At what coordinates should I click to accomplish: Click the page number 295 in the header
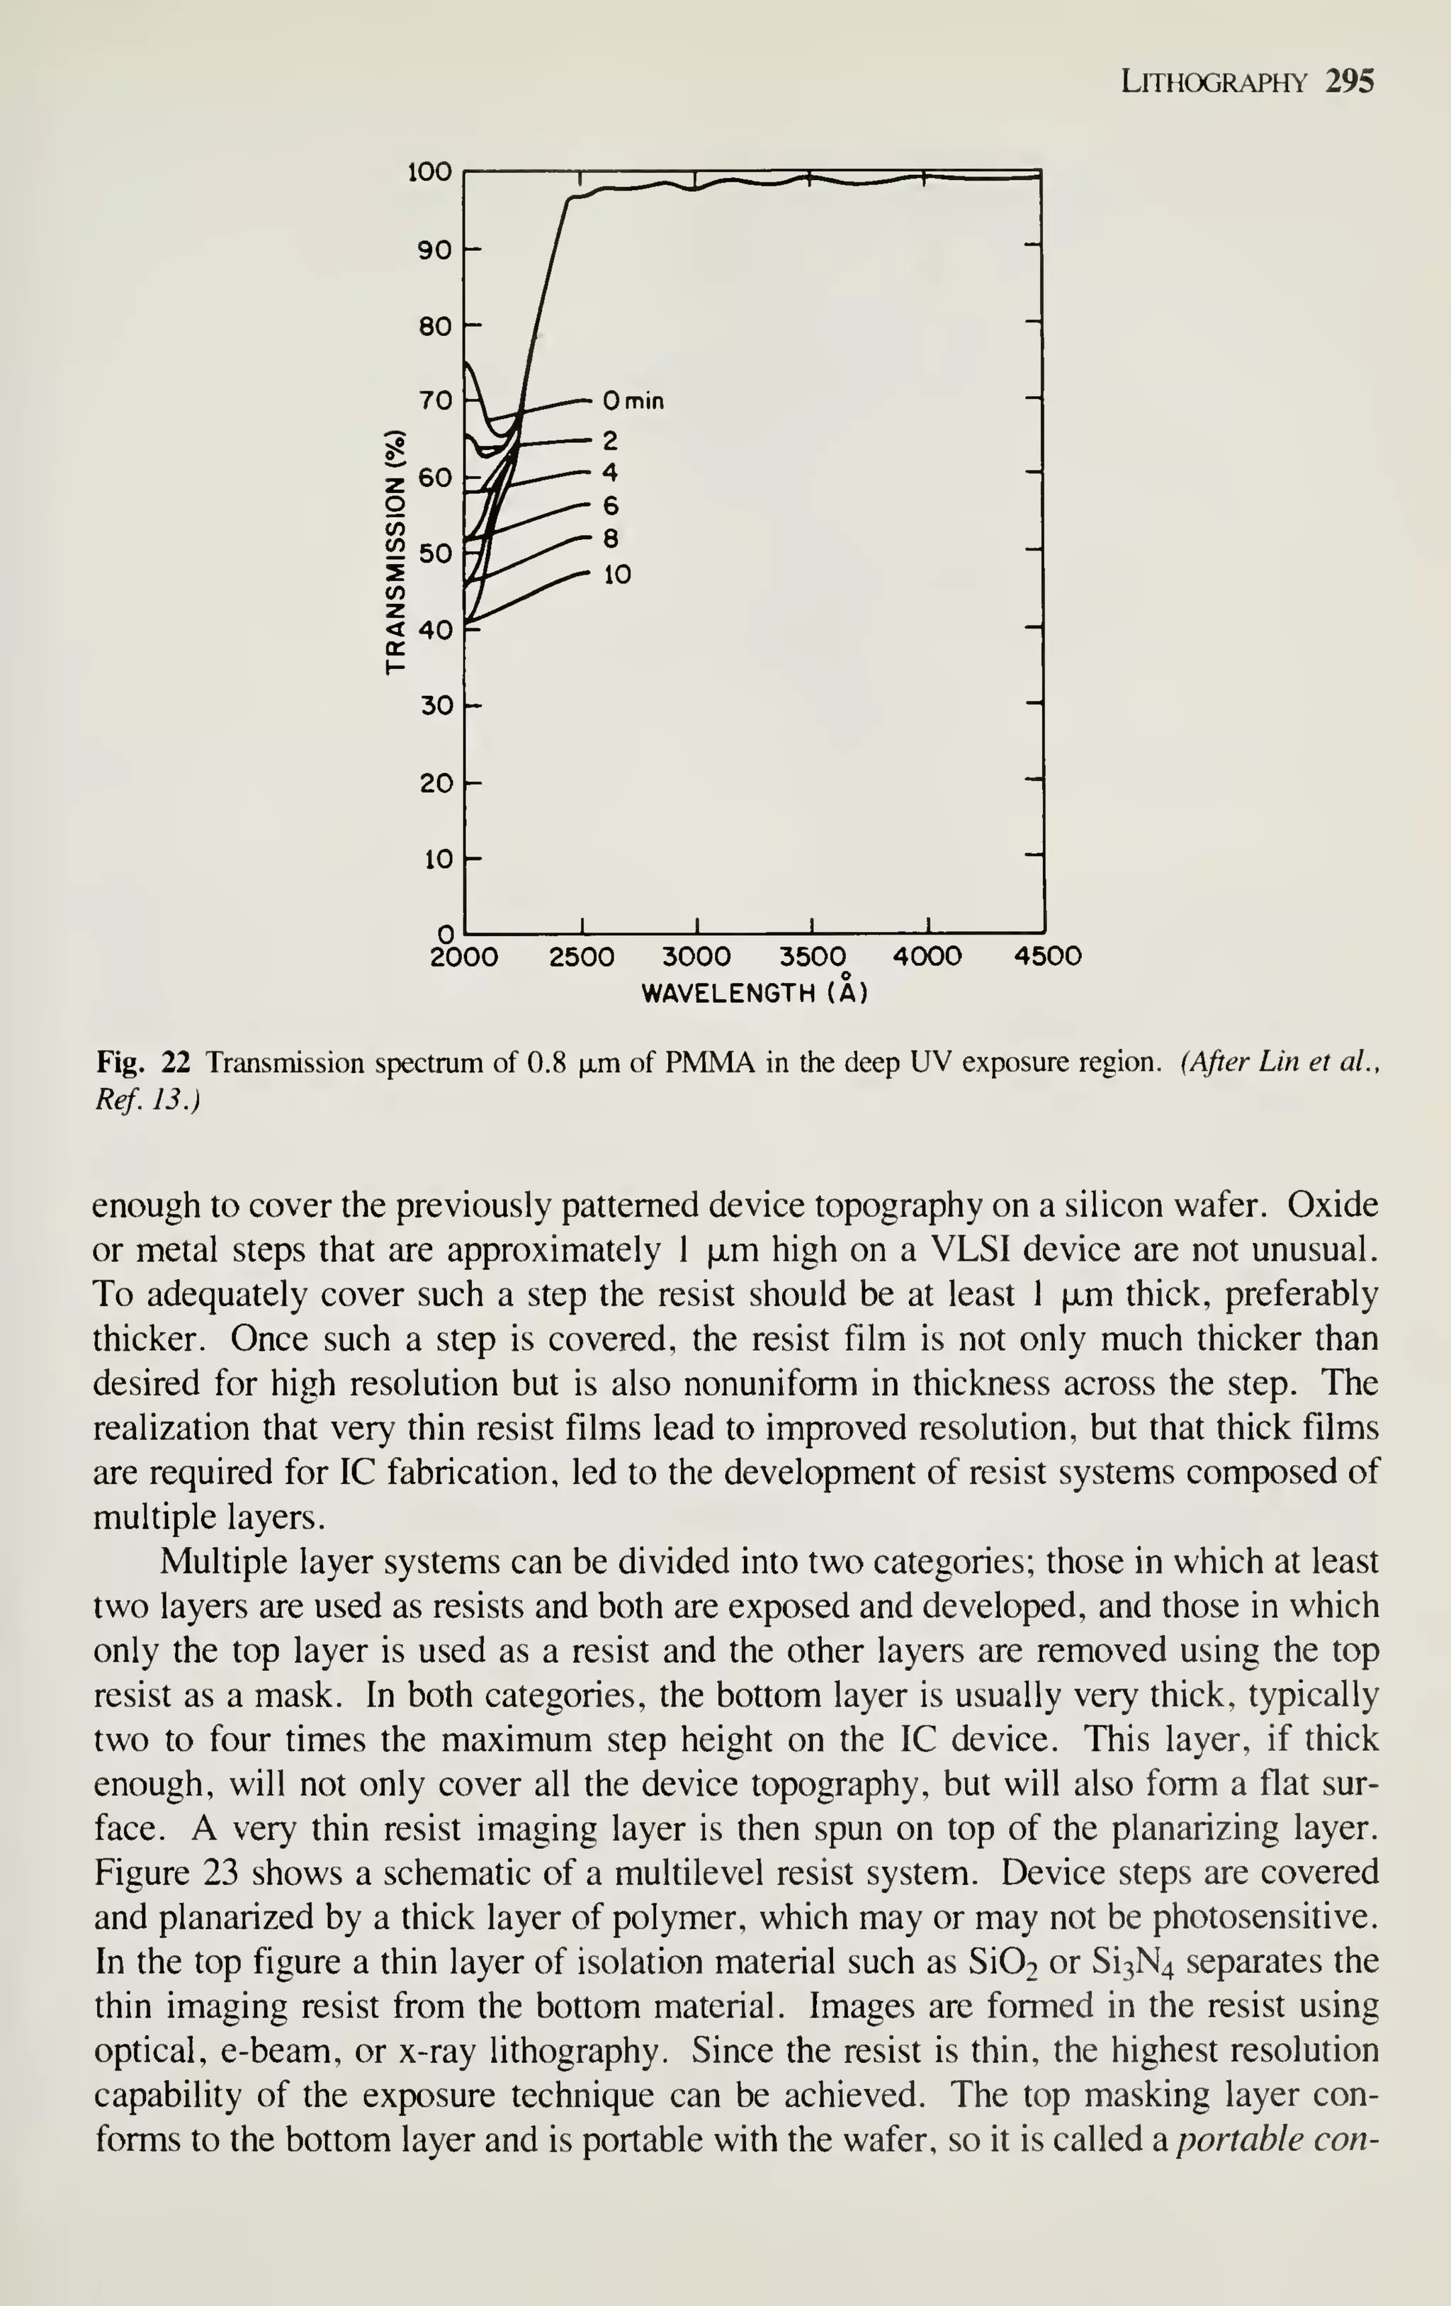point(1350,81)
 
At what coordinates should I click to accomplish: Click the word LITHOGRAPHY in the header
point(1213,84)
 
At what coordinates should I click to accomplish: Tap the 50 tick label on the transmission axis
point(436,553)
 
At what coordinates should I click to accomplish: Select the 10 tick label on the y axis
point(436,859)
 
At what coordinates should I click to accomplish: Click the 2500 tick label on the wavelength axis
point(581,957)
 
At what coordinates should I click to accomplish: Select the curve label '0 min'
point(633,400)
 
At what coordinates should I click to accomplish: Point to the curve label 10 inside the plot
point(617,575)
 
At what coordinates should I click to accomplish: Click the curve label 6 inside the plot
point(611,506)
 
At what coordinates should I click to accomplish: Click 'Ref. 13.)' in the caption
point(147,1101)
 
